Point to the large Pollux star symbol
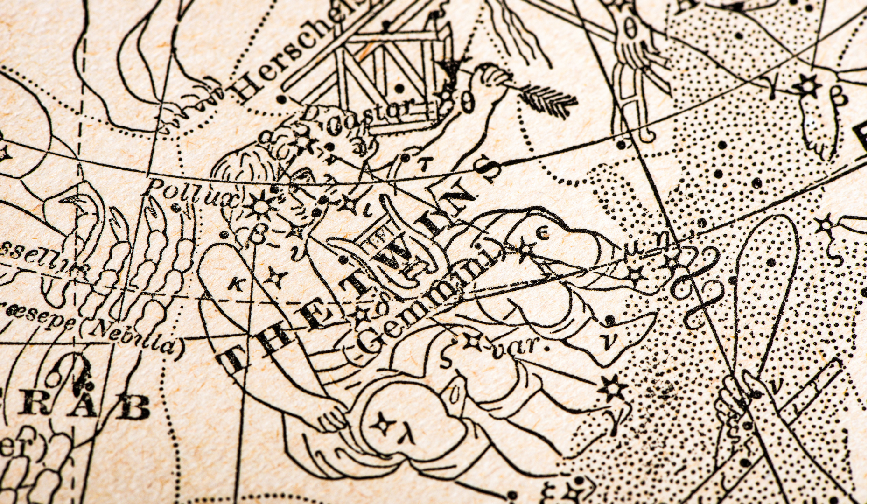coord(260,206)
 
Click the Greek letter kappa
coord(236,283)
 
